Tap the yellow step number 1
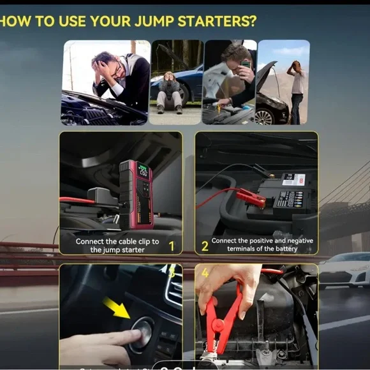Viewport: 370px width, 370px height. (170, 246)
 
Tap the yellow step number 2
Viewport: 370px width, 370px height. (205, 246)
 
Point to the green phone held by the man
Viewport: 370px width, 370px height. (245, 64)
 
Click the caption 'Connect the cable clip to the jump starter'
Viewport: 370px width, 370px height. (117, 246)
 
